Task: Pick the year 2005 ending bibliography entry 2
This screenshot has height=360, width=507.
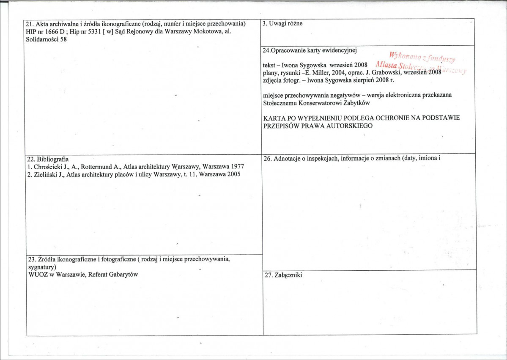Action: pos(233,174)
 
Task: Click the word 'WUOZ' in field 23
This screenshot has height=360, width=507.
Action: pos(36,274)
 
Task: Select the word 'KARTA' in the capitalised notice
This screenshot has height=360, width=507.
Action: pos(273,118)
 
